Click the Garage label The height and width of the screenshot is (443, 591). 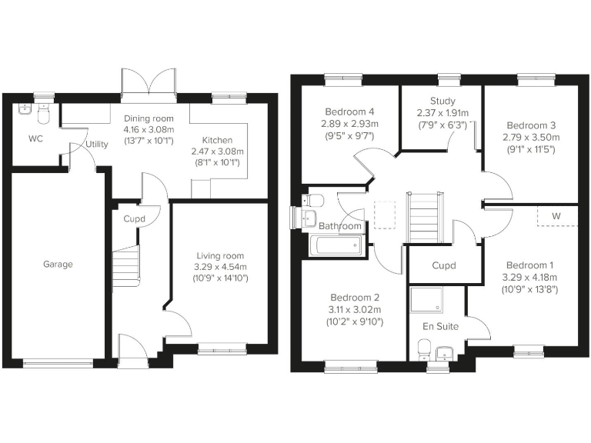tap(58, 265)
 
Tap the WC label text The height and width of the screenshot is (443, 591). tap(35, 139)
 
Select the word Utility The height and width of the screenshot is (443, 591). tap(97, 144)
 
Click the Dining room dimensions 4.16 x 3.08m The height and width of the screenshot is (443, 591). tap(149, 130)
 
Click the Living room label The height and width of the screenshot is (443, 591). tap(219, 256)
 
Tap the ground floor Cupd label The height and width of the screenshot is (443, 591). tap(135, 218)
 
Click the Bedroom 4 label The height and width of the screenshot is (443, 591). tap(346, 111)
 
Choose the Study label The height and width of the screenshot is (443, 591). tap(442, 101)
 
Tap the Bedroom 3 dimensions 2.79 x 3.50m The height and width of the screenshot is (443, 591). tap(531, 138)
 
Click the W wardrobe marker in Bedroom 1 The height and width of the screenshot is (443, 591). tap(556, 216)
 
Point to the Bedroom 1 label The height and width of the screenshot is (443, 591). tap(529, 265)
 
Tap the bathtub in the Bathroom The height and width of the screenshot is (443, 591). tap(335, 245)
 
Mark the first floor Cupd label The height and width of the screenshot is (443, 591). tap(444, 266)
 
